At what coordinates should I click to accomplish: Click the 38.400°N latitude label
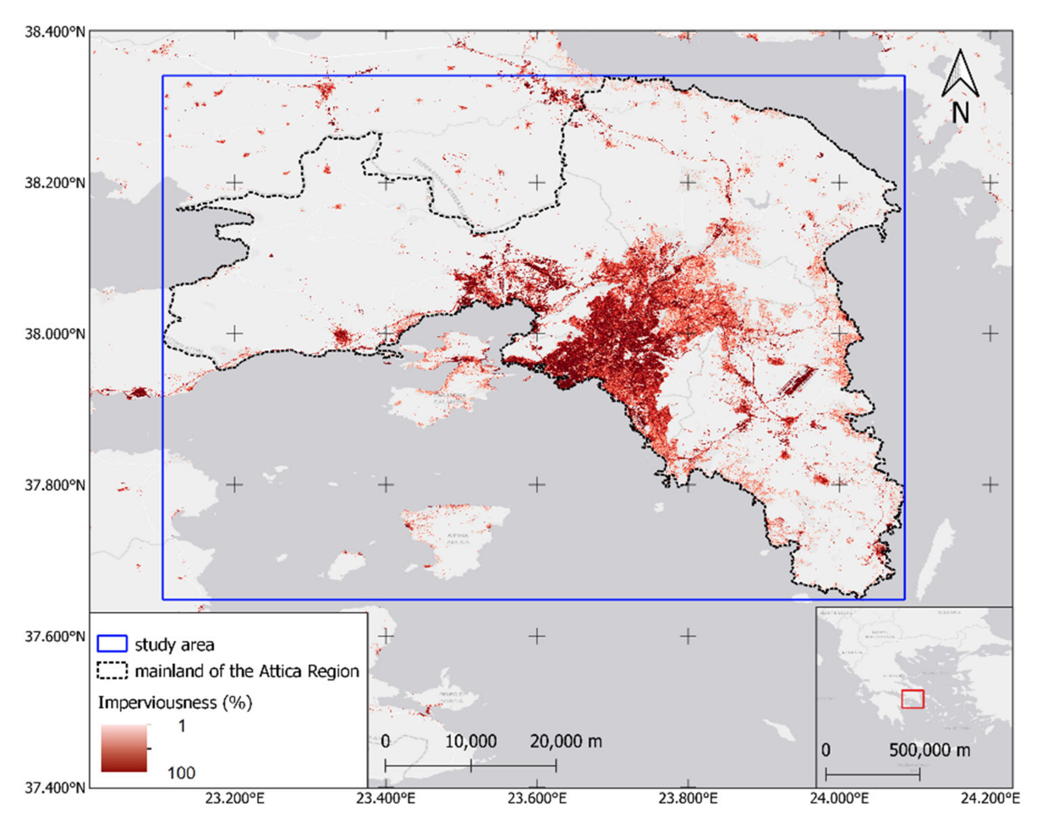pyautogui.click(x=55, y=32)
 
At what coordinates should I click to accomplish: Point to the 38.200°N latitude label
pyautogui.click(x=55, y=183)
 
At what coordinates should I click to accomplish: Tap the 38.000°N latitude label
pyautogui.click(x=55, y=334)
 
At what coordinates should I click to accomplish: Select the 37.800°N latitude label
pyautogui.click(x=55, y=485)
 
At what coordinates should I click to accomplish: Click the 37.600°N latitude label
pyautogui.click(x=55, y=636)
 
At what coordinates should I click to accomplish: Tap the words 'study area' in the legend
pyautogui.click(x=174, y=645)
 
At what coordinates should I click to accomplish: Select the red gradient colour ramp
pyautogui.click(x=124, y=748)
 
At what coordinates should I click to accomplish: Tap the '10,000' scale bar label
pyautogui.click(x=471, y=741)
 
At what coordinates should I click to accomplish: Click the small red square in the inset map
pyautogui.click(x=912, y=699)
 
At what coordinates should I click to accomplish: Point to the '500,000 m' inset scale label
pyautogui.click(x=929, y=750)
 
